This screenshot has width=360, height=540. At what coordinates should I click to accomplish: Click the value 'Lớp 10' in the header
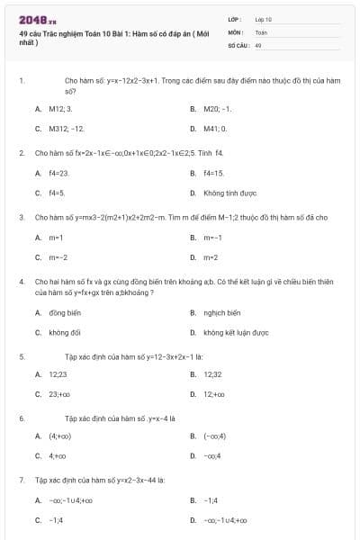(263, 18)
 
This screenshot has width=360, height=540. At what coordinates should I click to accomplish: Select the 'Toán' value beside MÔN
(261, 31)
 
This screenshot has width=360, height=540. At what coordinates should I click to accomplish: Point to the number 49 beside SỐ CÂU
(258, 43)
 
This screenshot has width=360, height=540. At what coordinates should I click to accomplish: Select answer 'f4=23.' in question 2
(58, 172)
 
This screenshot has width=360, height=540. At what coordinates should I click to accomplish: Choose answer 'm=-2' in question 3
(58, 257)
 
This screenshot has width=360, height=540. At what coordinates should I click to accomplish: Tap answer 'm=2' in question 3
(211, 257)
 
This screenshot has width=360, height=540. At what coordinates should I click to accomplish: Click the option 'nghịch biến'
(221, 312)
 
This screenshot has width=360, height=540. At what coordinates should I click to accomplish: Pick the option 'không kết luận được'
(236, 333)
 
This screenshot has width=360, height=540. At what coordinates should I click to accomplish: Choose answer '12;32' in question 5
(212, 373)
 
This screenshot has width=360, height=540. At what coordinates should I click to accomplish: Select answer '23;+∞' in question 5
(59, 394)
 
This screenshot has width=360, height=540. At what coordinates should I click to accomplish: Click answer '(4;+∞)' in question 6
(60, 436)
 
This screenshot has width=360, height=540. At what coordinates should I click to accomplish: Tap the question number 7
(21, 480)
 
